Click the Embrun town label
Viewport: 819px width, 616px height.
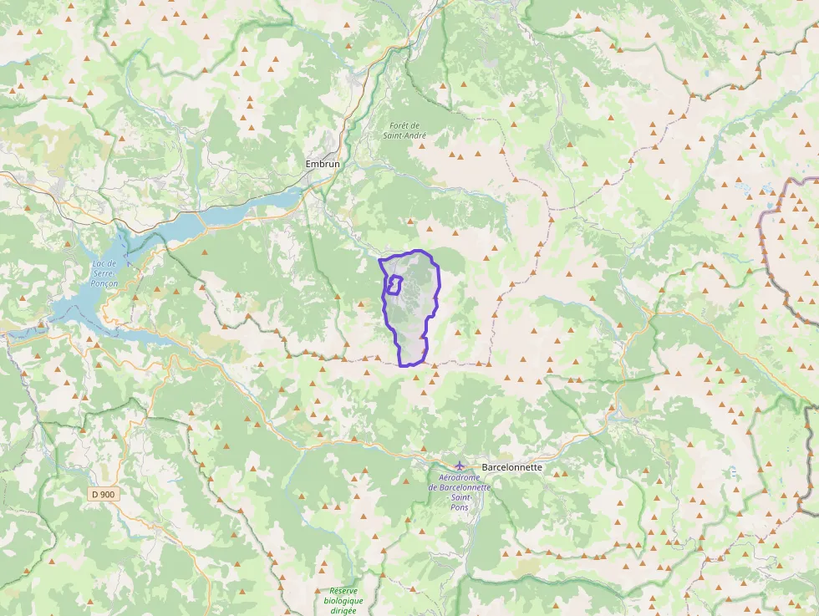322,165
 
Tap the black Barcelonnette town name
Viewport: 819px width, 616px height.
512,467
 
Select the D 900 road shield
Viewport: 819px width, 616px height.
104,494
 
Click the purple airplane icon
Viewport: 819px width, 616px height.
460,466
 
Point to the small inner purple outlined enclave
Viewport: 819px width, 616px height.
394,285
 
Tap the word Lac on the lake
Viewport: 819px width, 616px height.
100,264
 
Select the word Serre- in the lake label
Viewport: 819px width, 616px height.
104,273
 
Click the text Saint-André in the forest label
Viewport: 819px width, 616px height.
405,135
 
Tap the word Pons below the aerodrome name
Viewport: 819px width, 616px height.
459,507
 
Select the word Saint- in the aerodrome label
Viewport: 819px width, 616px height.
459,497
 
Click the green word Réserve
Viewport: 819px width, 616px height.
343,590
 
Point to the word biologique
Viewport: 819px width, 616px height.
343,600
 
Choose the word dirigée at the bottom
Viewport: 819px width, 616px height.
343,610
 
